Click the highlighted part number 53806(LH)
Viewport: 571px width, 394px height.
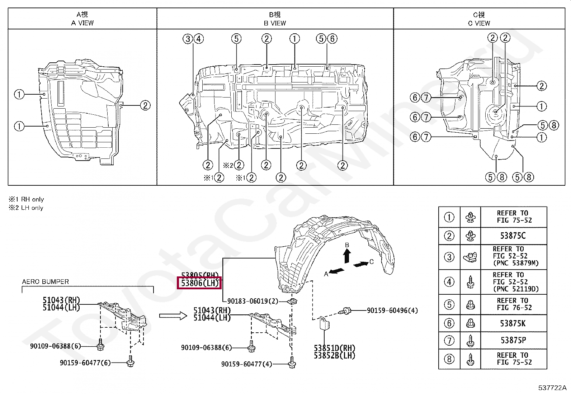coord(200,283)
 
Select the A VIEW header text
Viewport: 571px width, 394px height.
coord(82,23)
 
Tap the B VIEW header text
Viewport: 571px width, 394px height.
coord(275,23)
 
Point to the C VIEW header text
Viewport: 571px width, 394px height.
coord(479,23)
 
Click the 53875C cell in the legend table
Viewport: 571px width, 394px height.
coord(513,236)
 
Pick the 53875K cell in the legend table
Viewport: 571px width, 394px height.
coord(513,323)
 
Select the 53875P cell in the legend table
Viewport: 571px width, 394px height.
coord(513,340)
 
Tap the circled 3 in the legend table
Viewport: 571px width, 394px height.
coord(449,257)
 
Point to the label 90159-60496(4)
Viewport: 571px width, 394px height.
coord(392,310)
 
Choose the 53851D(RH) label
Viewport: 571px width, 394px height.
coord(334,348)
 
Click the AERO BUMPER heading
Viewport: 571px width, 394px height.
coord(45,282)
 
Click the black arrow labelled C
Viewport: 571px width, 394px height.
coord(360,264)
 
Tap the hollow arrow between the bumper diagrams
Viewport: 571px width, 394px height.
coord(173,316)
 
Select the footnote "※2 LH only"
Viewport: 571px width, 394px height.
coord(26,208)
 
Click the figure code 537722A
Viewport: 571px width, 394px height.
coord(552,388)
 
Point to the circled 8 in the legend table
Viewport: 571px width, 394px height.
coord(449,359)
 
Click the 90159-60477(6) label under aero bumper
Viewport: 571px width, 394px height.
coord(85,363)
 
